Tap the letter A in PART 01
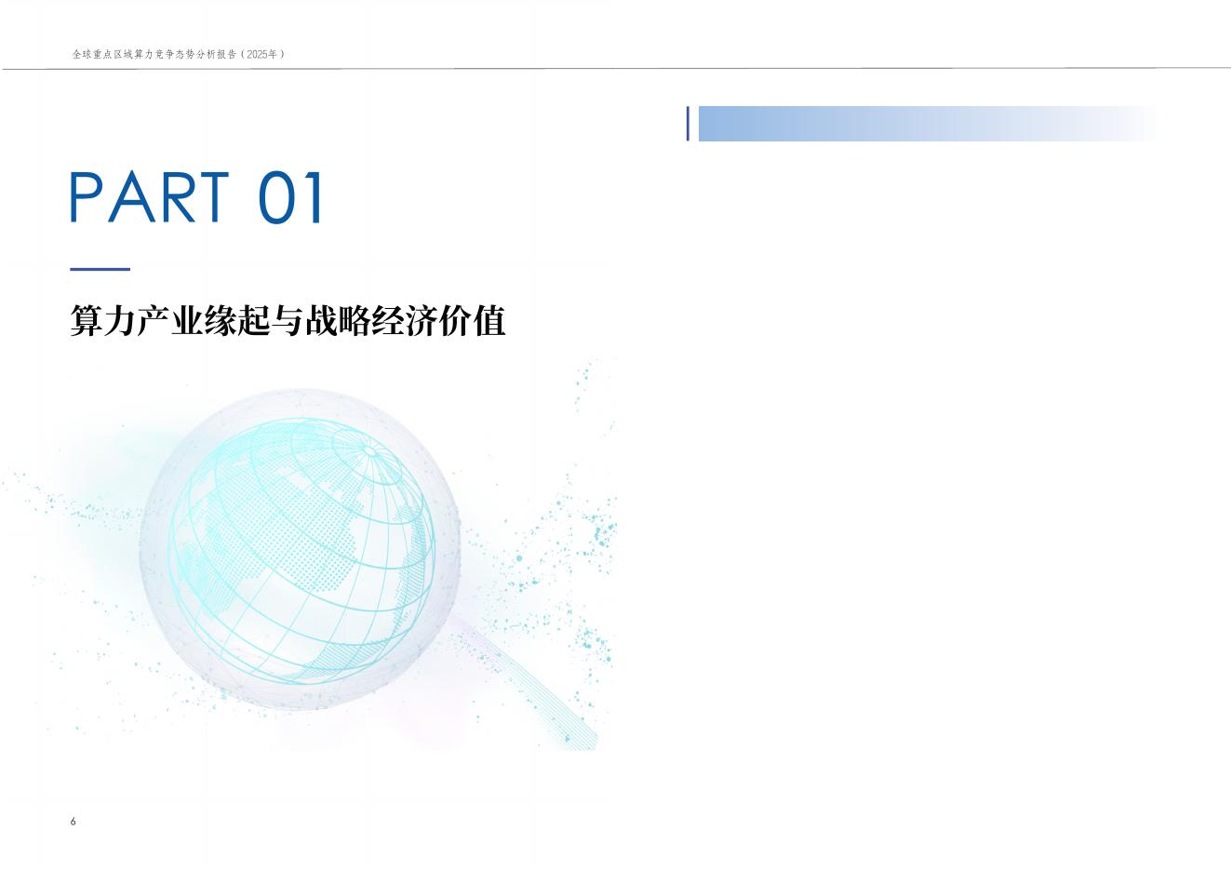(x=130, y=196)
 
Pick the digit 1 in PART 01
(x=315, y=196)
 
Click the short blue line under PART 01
(x=100, y=269)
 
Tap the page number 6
(x=74, y=821)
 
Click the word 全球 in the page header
(x=82, y=55)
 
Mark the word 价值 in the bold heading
(x=471, y=321)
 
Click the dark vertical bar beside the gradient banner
(x=689, y=124)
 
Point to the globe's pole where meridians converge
(x=369, y=452)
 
